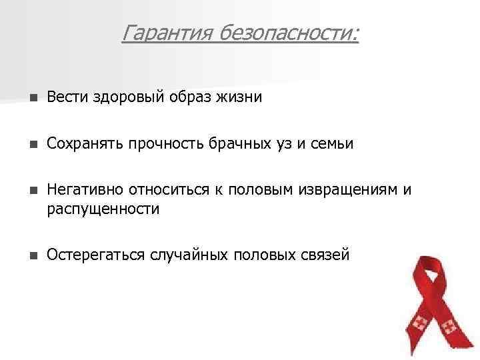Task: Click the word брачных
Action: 259,144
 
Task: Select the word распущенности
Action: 103,209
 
